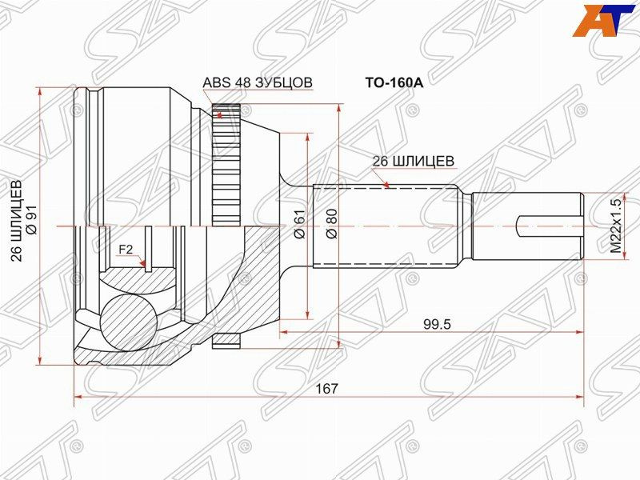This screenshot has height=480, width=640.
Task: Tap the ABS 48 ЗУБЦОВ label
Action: (257, 82)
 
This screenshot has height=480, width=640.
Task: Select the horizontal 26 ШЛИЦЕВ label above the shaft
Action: (414, 161)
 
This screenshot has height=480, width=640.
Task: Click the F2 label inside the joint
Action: (126, 250)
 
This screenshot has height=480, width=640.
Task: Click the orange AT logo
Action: (604, 20)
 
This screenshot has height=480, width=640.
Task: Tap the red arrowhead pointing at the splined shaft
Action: (386, 186)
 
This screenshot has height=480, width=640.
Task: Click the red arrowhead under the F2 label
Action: (145, 264)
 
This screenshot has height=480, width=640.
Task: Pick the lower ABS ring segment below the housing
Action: (226, 340)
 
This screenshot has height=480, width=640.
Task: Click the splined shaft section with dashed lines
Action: (384, 227)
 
